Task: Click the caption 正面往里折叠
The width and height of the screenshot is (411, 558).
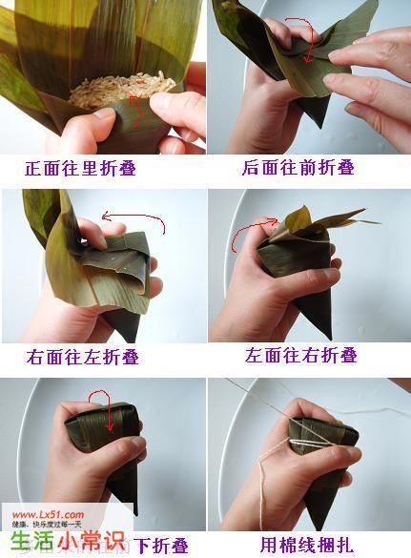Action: coord(93,169)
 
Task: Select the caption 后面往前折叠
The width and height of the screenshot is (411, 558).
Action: coord(298,168)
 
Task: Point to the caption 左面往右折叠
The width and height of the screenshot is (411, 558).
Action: coord(300,355)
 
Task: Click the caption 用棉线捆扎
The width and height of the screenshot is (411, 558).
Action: coord(307,546)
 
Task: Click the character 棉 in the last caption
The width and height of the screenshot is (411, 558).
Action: coord(291,546)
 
